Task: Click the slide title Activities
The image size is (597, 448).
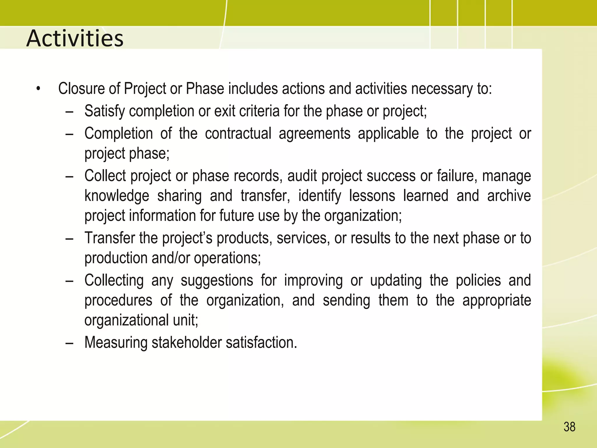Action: click(75, 38)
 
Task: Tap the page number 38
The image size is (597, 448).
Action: click(569, 427)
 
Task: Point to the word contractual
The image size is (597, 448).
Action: click(238, 134)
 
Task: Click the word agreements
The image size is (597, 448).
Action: click(315, 134)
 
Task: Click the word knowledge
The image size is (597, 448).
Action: click(117, 196)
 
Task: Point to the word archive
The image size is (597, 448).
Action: click(509, 196)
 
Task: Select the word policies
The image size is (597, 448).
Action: click(478, 280)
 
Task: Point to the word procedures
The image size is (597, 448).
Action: click(118, 301)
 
